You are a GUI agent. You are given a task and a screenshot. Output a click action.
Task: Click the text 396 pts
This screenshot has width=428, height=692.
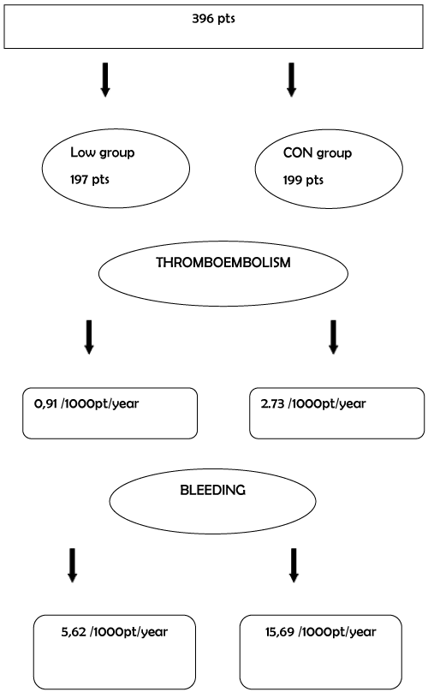[x=213, y=19]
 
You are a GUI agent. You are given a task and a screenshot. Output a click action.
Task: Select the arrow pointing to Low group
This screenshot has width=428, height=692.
[x=105, y=80]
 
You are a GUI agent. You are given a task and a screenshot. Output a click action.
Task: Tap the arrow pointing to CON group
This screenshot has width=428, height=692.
[x=291, y=80]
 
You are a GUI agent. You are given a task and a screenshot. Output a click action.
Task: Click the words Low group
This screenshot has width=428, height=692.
[x=103, y=152]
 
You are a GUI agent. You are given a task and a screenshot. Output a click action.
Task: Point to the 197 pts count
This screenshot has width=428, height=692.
[x=90, y=180]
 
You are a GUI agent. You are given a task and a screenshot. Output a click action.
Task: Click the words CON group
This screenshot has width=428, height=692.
[x=318, y=153]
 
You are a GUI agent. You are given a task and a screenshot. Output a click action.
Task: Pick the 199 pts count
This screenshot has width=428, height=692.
[x=303, y=180]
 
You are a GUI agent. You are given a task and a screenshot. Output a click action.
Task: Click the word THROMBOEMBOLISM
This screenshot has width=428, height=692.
[x=223, y=263]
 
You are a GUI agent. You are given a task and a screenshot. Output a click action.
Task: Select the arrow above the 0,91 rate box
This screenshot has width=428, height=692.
[x=89, y=337]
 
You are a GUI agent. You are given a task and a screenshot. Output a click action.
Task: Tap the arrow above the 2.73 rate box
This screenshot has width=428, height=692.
[x=334, y=337]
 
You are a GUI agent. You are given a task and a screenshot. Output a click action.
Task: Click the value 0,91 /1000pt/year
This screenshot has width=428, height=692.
[x=86, y=404]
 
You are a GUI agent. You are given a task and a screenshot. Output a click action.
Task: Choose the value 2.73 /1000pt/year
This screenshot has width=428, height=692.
[x=313, y=404]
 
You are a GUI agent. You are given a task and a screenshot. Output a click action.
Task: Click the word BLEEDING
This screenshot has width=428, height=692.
[x=212, y=491]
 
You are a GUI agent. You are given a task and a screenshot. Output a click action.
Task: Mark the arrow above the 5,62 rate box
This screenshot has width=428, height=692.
[x=73, y=565]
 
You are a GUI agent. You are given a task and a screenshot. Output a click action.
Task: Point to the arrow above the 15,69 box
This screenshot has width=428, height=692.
[x=294, y=565]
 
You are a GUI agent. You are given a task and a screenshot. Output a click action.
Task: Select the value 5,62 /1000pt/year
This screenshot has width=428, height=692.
[x=115, y=632]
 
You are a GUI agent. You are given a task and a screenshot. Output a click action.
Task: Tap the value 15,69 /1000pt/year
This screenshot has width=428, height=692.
[x=321, y=632]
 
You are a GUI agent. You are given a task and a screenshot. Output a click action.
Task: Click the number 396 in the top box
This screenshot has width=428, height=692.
[x=203, y=19]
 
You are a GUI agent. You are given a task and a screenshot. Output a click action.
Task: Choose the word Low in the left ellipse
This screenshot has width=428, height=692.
[x=83, y=152]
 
